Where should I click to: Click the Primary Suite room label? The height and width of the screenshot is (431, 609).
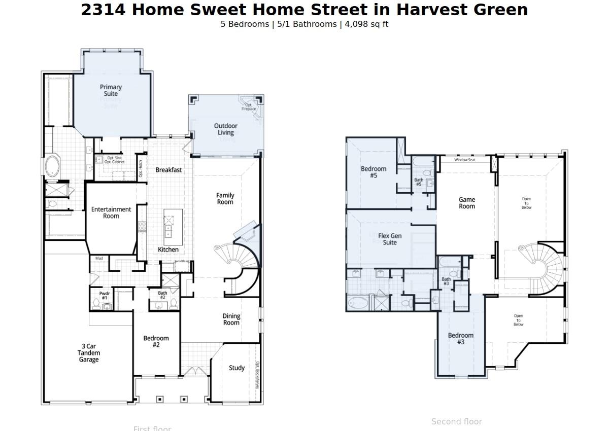click(x=111, y=90)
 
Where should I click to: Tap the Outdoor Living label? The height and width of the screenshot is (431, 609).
click(x=226, y=129)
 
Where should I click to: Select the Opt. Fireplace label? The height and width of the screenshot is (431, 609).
click(x=249, y=107)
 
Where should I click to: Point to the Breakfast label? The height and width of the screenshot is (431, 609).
click(x=168, y=170)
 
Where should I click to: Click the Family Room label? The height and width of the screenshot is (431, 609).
click(x=225, y=198)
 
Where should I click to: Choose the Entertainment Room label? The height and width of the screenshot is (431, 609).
click(x=111, y=212)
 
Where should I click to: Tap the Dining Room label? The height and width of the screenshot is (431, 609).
click(x=231, y=319)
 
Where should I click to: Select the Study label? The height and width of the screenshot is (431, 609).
click(x=236, y=368)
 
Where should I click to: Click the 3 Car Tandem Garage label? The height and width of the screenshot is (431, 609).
click(x=89, y=353)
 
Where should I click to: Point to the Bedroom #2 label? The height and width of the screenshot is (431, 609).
click(x=156, y=341)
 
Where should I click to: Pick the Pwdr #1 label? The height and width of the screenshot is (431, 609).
click(x=105, y=295)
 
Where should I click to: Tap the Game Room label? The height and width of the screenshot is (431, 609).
click(x=467, y=203)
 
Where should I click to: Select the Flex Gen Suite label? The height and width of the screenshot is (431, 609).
click(x=390, y=239)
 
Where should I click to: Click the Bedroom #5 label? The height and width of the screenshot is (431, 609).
click(x=374, y=172)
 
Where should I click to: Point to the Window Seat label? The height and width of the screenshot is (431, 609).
click(x=464, y=160)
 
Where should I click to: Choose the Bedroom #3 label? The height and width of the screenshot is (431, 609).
click(x=461, y=338)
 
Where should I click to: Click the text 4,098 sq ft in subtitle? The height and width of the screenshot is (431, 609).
click(x=366, y=24)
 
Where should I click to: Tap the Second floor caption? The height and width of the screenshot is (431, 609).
click(x=456, y=421)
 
